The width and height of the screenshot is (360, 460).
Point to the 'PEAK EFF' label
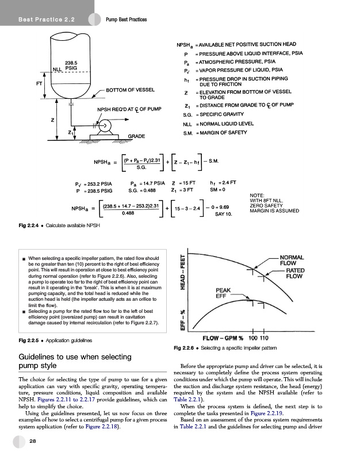point(224,293)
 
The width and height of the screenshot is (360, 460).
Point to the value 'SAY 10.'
point(223,214)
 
